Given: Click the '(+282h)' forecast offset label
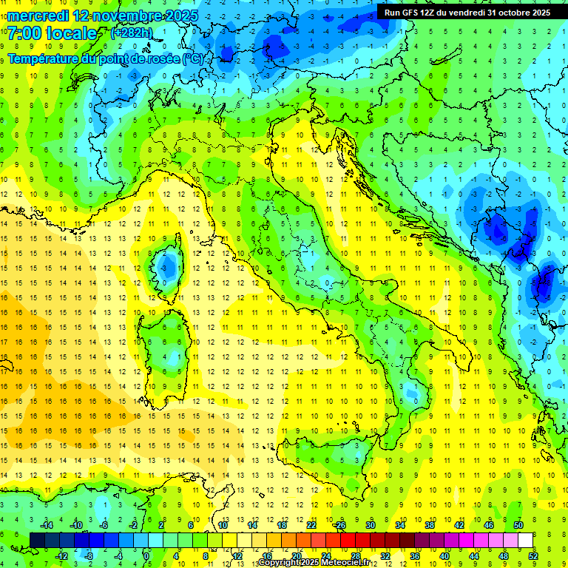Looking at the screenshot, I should coord(132,33).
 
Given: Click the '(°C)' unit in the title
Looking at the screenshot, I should coord(193,58).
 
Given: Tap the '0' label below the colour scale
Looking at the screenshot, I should coord(148,556).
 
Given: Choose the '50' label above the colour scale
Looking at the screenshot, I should coord(518,525).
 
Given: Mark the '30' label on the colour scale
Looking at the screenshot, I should coord(370,525).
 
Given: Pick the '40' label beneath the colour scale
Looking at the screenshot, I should coord(444,556).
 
